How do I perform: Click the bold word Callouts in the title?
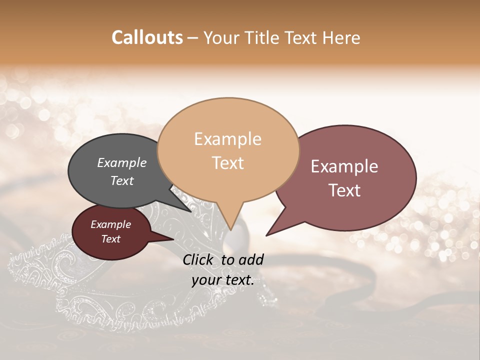(147, 37)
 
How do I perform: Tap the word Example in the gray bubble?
(122, 163)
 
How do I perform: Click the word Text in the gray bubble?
(122, 180)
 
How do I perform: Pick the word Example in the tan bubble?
(227, 139)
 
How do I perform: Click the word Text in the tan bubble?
(227, 163)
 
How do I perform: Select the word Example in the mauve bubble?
(344, 166)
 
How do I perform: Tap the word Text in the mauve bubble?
(344, 190)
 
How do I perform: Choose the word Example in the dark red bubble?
(110, 224)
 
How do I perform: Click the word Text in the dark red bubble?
(110, 239)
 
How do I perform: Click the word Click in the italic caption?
(199, 259)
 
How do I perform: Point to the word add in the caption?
(251, 259)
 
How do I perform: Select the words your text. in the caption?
(223, 280)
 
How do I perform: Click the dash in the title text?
(193, 38)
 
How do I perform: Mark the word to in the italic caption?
(227, 259)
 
